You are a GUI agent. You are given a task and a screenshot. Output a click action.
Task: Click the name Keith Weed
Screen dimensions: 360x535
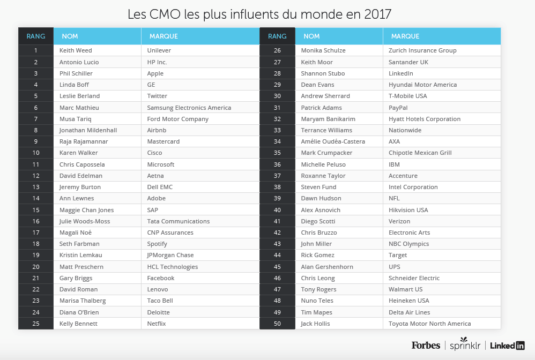[76, 50]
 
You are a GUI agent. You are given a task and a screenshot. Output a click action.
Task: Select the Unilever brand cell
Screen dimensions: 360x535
[159, 50]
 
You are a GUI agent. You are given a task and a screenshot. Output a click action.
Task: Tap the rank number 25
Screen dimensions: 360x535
[36, 324]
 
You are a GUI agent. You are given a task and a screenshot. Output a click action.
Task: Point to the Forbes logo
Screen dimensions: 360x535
[426, 346]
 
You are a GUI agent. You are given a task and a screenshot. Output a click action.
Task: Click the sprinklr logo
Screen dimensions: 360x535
[465, 346]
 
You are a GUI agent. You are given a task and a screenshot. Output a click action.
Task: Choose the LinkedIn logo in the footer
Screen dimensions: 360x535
[507, 346]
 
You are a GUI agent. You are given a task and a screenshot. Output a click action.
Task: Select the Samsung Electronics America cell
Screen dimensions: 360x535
[189, 107]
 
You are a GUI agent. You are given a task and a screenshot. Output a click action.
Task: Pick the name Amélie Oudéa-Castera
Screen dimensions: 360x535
[333, 141]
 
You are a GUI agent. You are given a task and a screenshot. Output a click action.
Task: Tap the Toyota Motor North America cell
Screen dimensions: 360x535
[429, 324]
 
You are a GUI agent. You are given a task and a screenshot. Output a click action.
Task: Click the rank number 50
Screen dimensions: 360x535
[277, 324]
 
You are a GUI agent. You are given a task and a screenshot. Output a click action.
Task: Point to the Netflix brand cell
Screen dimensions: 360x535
[157, 324]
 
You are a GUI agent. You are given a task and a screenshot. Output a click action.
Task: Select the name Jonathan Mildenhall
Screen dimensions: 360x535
[88, 130]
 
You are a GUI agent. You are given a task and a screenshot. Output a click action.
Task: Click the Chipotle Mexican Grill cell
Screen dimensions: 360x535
[420, 153]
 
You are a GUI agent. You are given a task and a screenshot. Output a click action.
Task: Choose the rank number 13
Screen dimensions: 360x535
[36, 187]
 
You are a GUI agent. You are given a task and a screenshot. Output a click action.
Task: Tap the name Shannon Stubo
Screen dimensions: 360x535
[323, 73]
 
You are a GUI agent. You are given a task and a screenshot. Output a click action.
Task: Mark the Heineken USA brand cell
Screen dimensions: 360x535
[409, 301]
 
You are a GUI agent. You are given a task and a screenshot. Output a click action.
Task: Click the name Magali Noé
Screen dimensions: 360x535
[76, 232]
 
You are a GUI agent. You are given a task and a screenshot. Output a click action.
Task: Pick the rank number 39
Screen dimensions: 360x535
[277, 198]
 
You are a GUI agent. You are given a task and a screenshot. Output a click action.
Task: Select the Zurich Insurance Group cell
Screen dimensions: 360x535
[422, 50]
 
